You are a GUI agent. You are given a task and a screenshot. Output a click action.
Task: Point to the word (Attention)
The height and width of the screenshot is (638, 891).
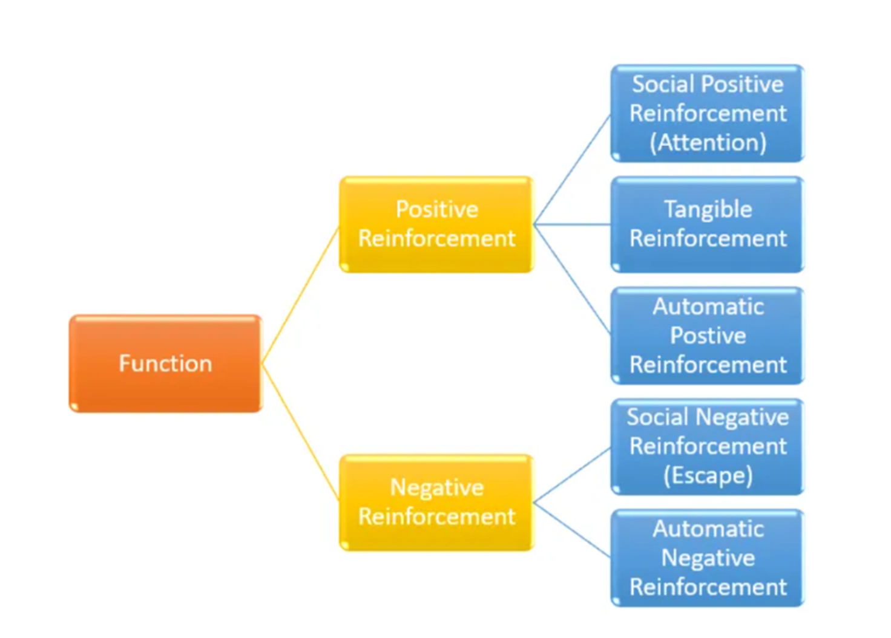point(708,143)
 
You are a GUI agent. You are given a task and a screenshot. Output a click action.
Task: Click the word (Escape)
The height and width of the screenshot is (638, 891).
point(708,475)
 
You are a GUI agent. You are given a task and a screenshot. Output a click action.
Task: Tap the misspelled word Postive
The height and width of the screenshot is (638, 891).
point(708,336)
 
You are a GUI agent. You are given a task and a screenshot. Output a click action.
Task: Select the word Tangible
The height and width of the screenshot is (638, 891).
point(708,209)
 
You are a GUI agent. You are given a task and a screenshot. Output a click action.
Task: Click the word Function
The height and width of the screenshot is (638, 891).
point(165,363)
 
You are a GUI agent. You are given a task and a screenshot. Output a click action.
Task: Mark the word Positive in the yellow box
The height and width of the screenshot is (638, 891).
point(436,209)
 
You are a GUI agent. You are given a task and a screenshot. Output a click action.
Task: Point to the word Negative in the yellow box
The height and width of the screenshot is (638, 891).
point(436,487)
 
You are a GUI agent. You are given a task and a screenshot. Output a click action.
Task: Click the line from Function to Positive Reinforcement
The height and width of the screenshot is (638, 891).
point(300,296)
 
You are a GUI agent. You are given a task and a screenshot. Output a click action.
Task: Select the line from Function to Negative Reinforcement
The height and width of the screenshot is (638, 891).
point(300,431)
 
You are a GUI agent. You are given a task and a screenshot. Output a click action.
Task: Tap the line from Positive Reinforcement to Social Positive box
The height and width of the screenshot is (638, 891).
point(572,170)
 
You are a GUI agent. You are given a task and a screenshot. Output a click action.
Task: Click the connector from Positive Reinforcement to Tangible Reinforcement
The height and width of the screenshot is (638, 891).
point(572,224)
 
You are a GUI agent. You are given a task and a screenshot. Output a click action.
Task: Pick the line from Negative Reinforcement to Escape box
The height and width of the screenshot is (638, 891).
point(572,475)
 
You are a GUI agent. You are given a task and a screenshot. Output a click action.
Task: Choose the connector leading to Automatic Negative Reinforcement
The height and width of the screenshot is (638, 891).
point(572,530)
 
